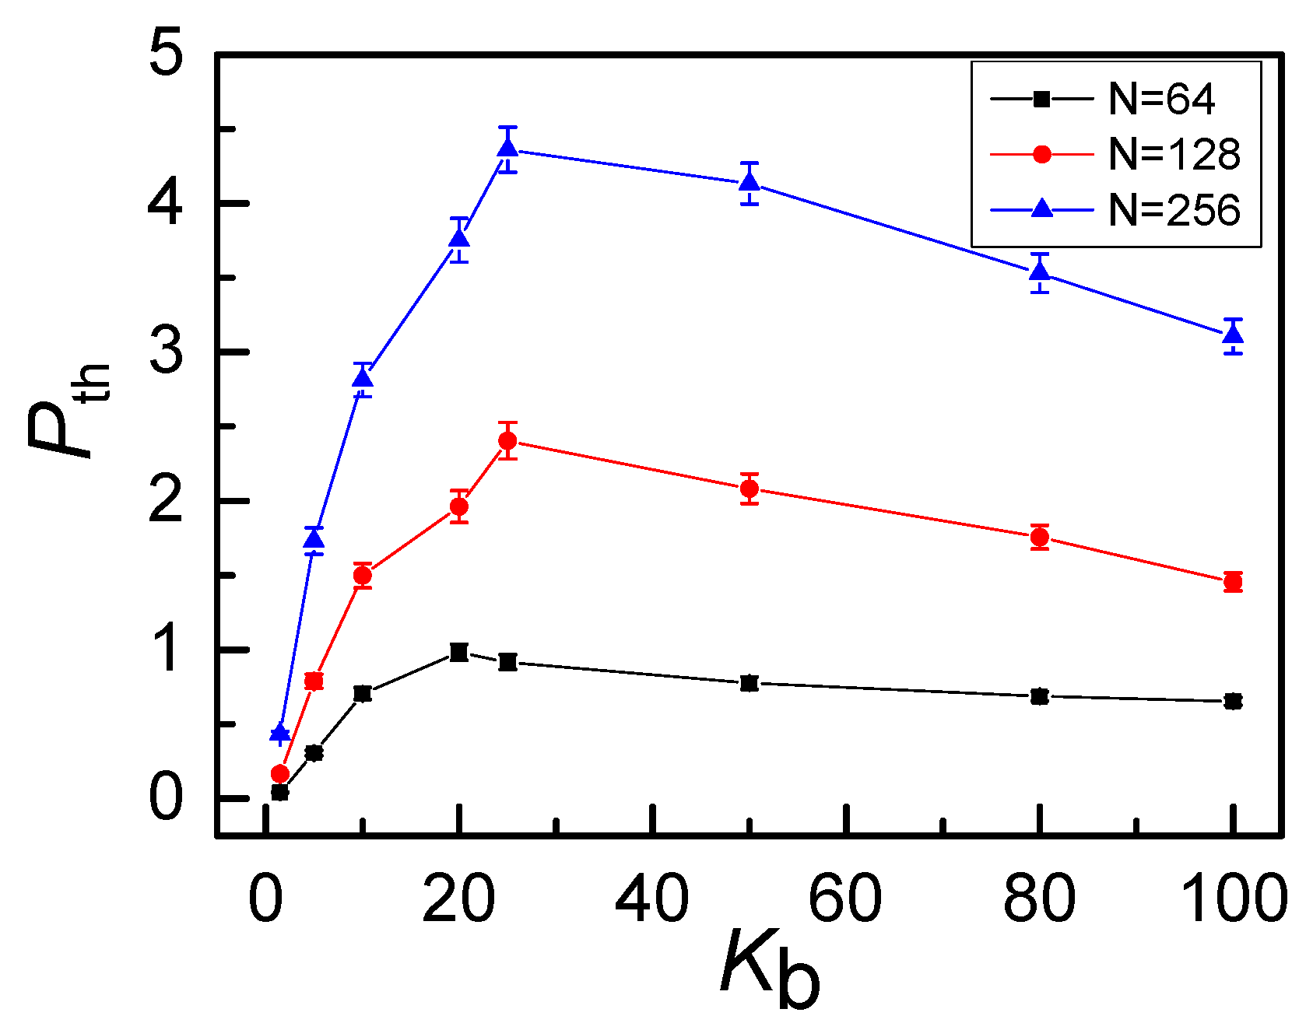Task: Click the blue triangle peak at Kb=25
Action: (507, 146)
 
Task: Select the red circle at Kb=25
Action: (507, 441)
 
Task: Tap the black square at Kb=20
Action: (459, 652)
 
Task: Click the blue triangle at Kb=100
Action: (1233, 335)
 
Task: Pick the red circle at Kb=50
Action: (750, 489)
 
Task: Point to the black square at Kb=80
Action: (1040, 696)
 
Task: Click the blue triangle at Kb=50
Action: (750, 182)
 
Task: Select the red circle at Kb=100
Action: (1233, 581)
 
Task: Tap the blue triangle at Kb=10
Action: (363, 378)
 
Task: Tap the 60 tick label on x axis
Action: (845, 899)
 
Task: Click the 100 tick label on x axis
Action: (1233, 899)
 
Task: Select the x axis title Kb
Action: (771, 969)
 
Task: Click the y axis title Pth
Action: (68, 412)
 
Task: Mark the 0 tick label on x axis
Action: (265, 899)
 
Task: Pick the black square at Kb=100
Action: (1233, 702)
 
